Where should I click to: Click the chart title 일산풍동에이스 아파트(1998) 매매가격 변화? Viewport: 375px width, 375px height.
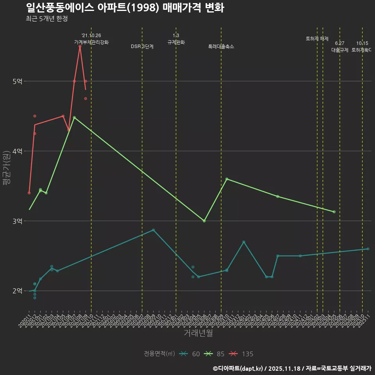click(x=125, y=8)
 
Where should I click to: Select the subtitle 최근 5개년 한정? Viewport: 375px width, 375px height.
click(x=47, y=19)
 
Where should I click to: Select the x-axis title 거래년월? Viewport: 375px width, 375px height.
click(x=198, y=333)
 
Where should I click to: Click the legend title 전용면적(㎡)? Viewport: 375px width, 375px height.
click(x=159, y=354)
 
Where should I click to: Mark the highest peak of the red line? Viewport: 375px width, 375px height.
click(x=80, y=46)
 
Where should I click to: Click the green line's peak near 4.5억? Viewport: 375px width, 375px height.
click(x=74, y=117)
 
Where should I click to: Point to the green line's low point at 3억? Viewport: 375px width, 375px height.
click(x=204, y=221)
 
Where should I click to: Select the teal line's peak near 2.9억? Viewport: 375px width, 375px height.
click(x=153, y=230)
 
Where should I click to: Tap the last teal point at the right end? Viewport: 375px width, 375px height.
click(x=368, y=249)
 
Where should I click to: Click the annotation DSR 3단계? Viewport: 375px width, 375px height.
click(x=142, y=46)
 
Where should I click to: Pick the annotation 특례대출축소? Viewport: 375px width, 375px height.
click(x=221, y=46)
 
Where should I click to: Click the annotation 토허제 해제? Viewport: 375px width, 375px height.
click(x=317, y=39)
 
